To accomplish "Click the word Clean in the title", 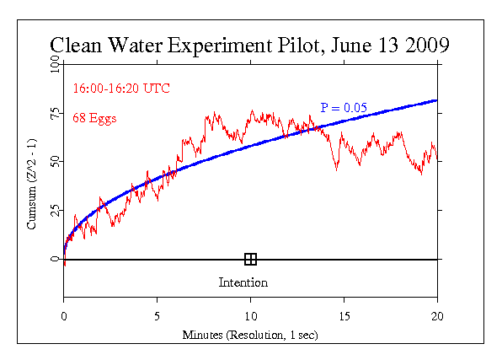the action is (x=76, y=45).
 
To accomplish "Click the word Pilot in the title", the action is (x=298, y=45).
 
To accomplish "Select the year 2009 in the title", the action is (x=427, y=45).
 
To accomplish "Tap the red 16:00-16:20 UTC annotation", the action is (x=121, y=89).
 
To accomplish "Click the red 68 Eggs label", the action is (x=94, y=118).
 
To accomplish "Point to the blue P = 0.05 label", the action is (x=344, y=107).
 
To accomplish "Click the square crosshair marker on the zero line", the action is (x=250, y=259).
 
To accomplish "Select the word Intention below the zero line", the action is (x=243, y=282).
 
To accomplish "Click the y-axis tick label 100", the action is (x=55, y=64).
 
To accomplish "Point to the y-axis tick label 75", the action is (x=55, y=113).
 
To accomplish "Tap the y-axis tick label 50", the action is (x=55, y=161).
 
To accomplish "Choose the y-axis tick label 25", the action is (x=55, y=210).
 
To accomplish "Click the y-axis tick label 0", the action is (x=55, y=259).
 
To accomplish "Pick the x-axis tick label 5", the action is (x=157, y=316).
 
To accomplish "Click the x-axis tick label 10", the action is (x=251, y=316).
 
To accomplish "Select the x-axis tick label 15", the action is (x=344, y=316).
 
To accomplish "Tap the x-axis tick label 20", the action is (x=437, y=316).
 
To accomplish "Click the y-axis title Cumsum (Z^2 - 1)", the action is (x=31, y=184).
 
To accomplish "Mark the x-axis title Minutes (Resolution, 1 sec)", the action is (x=250, y=335).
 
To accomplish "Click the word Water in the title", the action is (x=135, y=45).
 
